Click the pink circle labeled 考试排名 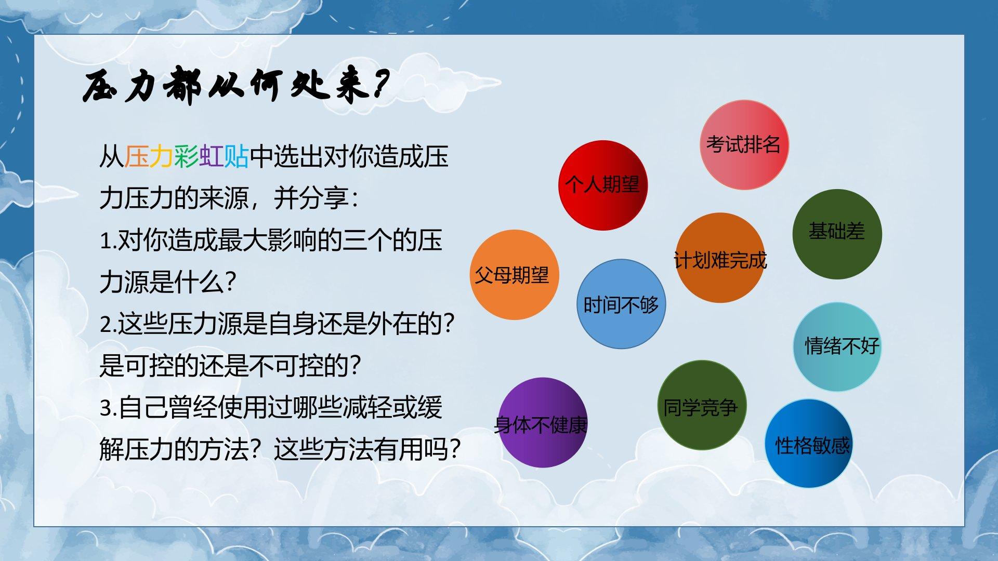pyautogui.click(x=744, y=145)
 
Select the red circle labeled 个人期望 pyautogui.click(x=603, y=185)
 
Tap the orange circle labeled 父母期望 pyautogui.click(x=515, y=275)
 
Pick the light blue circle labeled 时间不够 pyautogui.click(x=621, y=304)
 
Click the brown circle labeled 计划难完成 pyautogui.click(x=720, y=258)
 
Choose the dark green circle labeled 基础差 pyautogui.click(x=837, y=234)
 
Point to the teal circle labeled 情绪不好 pyautogui.click(x=837, y=347)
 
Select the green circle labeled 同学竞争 pyautogui.click(x=702, y=405)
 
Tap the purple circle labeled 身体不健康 pyautogui.click(x=543, y=422)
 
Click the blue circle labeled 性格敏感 pyautogui.click(x=809, y=444)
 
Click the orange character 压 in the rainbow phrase pyautogui.click(x=137, y=156)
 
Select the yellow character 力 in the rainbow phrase pyautogui.click(x=162, y=156)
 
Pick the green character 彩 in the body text pyautogui.click(x=187, y=156)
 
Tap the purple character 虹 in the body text pyautogui.click(x=212, y=156)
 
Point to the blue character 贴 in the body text pyautogui.click(x=237, y=156)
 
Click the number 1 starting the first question pyautogui.click(x=106, y=241)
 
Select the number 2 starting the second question pyautogui.click(x=106, y=325)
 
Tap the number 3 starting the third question pyautogui.click(x=106, y=408)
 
